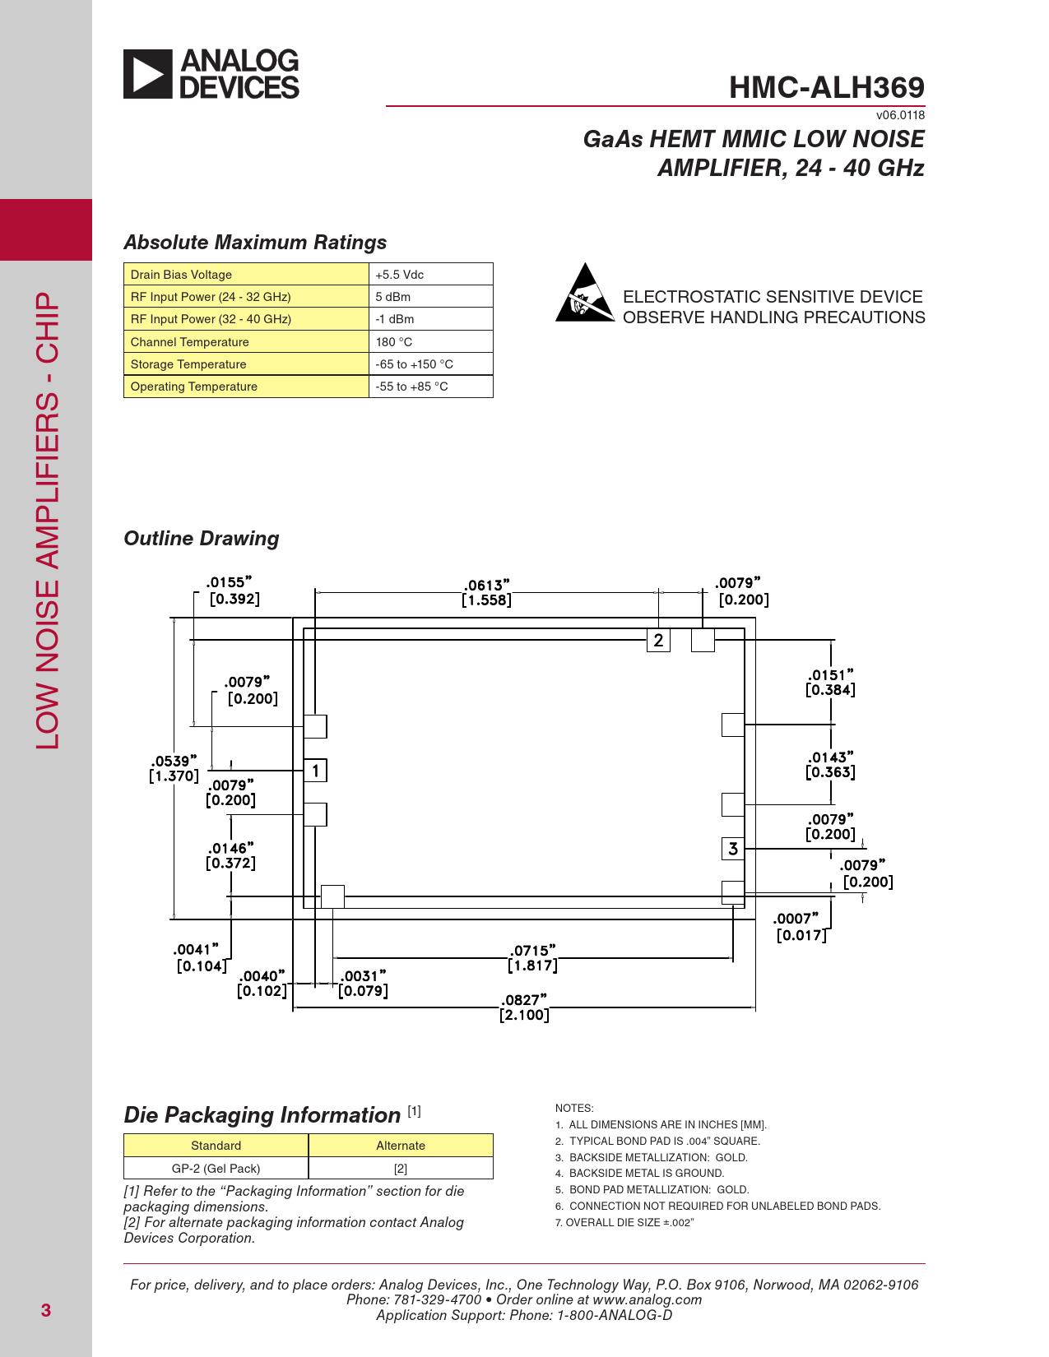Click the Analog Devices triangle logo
point(148,74)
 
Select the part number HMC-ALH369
point(826,87)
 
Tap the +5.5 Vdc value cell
point(400,275)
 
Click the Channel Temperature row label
point(190,342)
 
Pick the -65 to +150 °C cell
point(415,364)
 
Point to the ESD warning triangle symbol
point(584,294)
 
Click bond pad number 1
point(315,771)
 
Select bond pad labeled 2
point(658,641)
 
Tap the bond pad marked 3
point(733,849)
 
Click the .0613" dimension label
point(487,592)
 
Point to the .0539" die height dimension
point(174,768)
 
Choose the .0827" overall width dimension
point(524,1007)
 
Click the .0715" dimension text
point(532,958)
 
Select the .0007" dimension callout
point(798,927)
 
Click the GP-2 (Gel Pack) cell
point(216,1169)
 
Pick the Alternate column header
point(401,1146)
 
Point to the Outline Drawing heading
point(202,539)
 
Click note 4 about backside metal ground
point(646,1174)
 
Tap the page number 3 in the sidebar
point(46,1310)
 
